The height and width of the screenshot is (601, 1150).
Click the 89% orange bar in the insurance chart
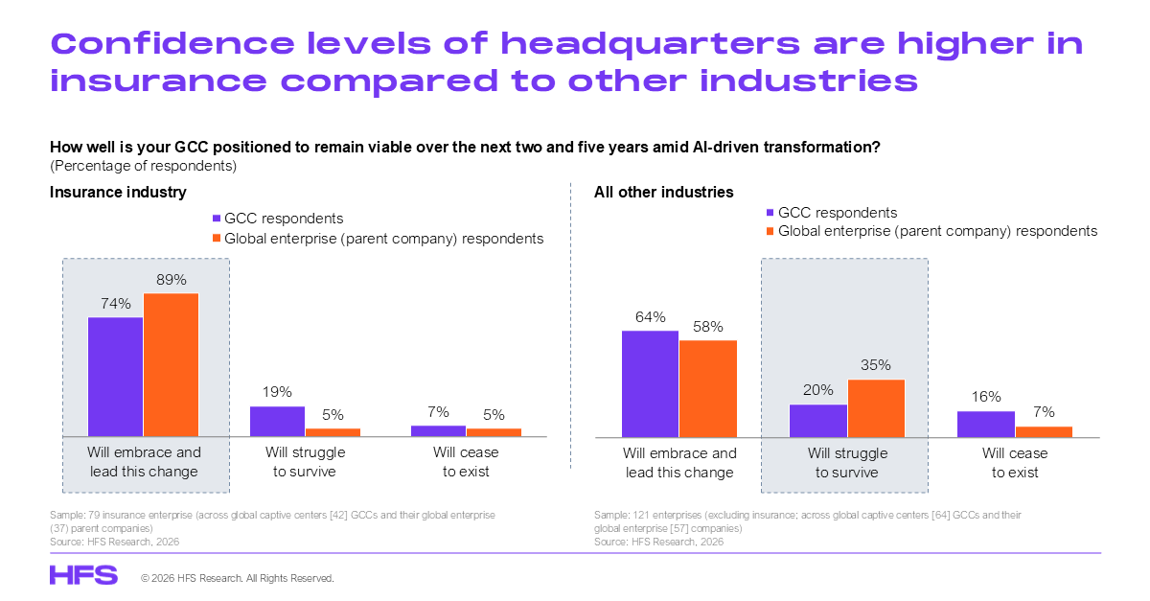tap(171, 364)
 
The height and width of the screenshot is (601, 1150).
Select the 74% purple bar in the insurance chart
tap(115, 377)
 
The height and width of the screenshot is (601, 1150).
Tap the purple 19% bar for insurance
tap(277, 421)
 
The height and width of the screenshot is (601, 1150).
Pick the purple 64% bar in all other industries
tap(650, 383)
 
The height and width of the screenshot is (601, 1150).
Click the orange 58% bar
tap(708, 388)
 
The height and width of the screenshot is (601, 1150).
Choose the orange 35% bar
tap(876, 408)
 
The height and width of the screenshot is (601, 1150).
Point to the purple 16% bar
tap(985, 424)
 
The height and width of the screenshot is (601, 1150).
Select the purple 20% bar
tap(817, 420)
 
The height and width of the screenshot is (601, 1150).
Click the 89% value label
tap(171, 279)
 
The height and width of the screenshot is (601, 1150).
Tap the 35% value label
tap(876, 365)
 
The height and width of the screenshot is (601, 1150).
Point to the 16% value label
tap(985, 397)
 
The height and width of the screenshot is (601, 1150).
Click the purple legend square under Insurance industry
tap(217, 219)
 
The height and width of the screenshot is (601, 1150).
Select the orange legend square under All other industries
tap(770, 231)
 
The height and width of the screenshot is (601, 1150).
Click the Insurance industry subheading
tap(118, 193)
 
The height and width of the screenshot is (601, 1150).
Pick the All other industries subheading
tap(663, 193)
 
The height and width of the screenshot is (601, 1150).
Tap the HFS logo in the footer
tap(83, 575)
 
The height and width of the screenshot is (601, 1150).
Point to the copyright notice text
tap(238, 579)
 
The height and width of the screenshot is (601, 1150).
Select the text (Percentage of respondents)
tap(143, 165)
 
